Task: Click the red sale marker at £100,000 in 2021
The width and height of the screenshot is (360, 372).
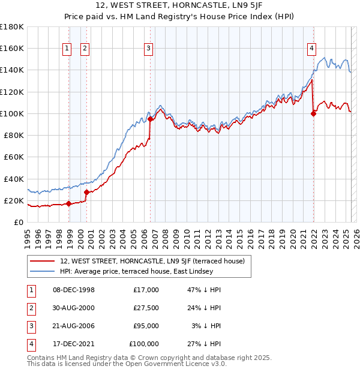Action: coord(313,113)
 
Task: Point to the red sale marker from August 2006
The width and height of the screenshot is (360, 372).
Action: coord(150,119)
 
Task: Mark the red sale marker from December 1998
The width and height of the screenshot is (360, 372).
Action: coord(68,203)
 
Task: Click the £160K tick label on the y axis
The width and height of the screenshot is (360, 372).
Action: coord(12,49)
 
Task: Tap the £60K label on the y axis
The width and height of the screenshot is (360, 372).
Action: coord(14,157)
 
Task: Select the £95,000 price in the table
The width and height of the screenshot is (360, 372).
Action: coord(146,326)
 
